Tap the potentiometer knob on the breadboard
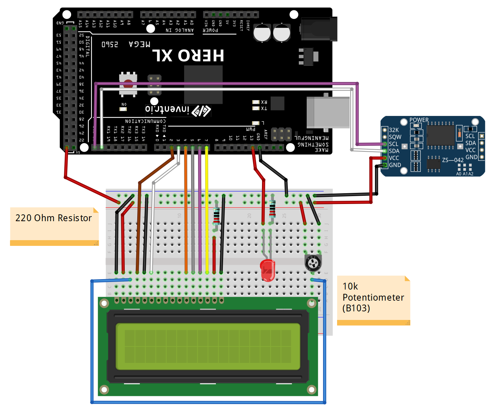(x=313, y=263)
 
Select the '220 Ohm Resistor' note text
(x=54, y=218)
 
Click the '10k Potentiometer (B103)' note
(x=373, y=297)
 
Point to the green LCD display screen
(x=208, y=346)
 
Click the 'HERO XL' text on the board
(x=188, y=55)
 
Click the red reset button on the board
(x=128, y=84)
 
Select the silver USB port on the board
(x=328, y=112)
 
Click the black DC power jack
(x=319, y=30)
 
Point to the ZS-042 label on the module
(x=453, y=160)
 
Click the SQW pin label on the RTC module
(x=395, y=137)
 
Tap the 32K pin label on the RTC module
(x=394, y=130)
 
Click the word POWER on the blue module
(x=419, y=120)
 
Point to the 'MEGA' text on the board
(x=139, y=44)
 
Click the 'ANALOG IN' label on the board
(x=179, y=30)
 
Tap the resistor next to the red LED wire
(x=272, y=209)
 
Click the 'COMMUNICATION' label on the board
(x=145, y=121)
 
